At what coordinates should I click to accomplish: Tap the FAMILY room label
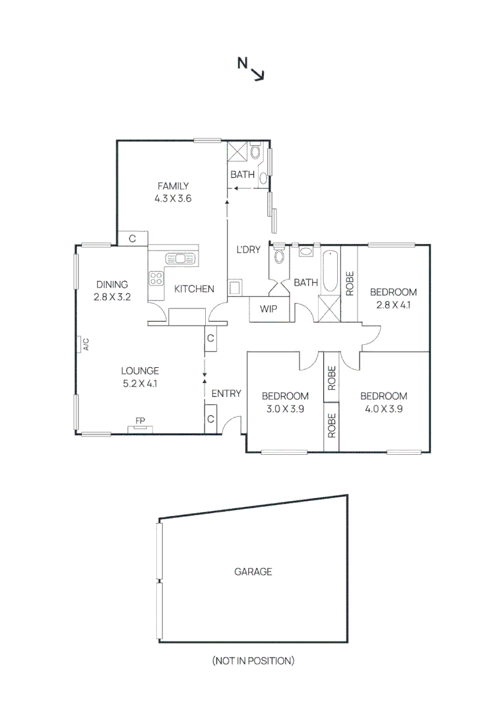[x=173, y=186]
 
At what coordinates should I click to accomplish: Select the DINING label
[x=111, y=285]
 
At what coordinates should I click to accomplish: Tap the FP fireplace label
[x=139, y=421]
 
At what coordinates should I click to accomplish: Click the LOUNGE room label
[x=140, y=371]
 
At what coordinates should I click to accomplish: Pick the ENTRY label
[x=226, y=394]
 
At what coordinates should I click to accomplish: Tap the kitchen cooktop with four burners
[x=156, y=278]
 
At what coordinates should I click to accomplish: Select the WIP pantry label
[x=268, y=309]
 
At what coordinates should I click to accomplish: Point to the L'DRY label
[x=249, y=249]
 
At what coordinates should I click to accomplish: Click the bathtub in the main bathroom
[x=329, y=272]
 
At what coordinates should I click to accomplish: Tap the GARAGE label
[x=253, y=572]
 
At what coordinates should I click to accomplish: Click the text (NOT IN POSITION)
[x=253, y=660]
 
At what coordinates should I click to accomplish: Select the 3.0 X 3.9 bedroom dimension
[x=285, y=408]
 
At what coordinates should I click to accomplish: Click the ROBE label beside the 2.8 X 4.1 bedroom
[x=350, y=283]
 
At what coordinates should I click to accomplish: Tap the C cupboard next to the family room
[x=133, y=239]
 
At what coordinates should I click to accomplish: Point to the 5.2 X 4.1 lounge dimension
[x=140, y=383]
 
